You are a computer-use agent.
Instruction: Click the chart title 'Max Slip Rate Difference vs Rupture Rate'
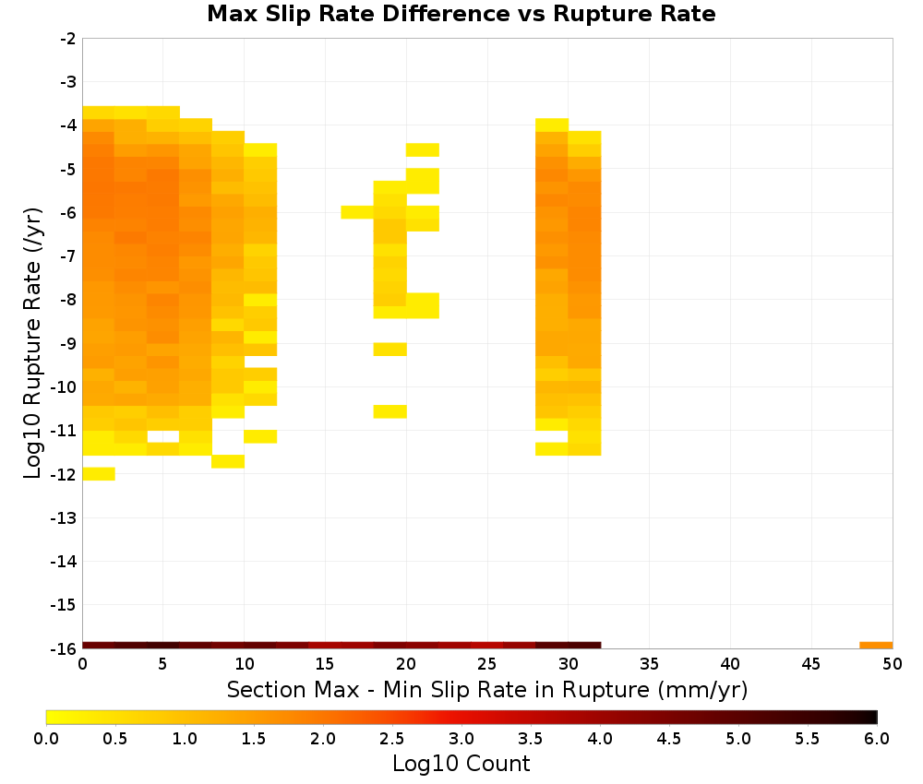click(x=461, y=14)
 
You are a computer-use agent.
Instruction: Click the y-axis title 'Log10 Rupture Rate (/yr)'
click(x=32, y=343)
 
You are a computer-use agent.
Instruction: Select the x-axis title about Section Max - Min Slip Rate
click(x=487, y=689)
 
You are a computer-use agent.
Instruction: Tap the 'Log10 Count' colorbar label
click(x=461, y=764)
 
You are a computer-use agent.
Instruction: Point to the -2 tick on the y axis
click(x=68, y=39)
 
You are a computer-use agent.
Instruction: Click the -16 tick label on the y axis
click(x=65, y=648)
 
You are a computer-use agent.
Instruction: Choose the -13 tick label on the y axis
click(x=65, y=517)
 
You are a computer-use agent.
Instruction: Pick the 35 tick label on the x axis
click(x=649, y=665)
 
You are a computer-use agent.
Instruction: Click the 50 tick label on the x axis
click(x=893, y=665)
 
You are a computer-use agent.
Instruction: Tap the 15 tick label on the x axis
click(x=325, y=665)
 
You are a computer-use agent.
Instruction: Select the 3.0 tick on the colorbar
click(x=461, y=738)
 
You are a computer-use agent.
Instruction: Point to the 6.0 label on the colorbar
click(x=877, y=738)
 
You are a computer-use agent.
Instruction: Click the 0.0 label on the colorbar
click(x=46, y=738)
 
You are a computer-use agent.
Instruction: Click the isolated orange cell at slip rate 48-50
click(x=876, y=646)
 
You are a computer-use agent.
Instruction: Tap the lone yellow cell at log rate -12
click(x=99, y=473)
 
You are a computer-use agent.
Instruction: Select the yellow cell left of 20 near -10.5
click(x=390, y=411)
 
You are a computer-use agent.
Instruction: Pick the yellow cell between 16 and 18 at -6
click(x=358, y=212)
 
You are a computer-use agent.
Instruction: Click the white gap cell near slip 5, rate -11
click(x=163, y=436)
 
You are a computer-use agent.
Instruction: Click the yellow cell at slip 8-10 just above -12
click(x=228, y=461)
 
